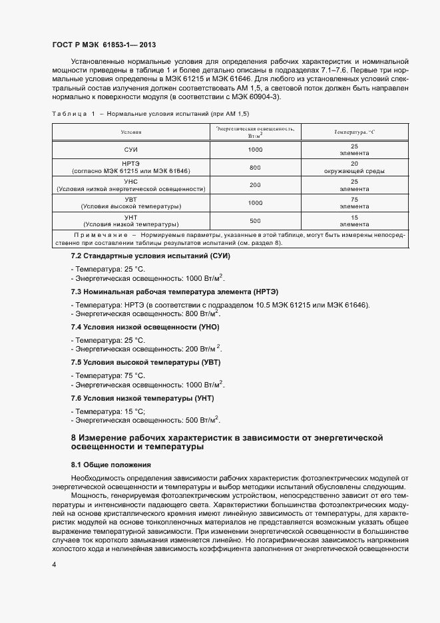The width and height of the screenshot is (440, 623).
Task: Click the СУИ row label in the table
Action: (131, 149)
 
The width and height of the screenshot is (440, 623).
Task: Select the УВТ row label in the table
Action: (131, 199)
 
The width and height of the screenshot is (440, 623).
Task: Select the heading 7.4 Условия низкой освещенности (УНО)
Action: (145, 327)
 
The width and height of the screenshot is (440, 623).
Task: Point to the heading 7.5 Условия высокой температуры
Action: (146, 363)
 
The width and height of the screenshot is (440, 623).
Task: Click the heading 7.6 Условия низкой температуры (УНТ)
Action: (142, 398)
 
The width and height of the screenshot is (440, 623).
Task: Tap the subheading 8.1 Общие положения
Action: (111, 464)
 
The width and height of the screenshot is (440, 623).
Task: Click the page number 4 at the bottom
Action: (54, 564)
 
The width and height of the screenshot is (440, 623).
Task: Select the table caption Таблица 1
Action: (74, 113)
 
